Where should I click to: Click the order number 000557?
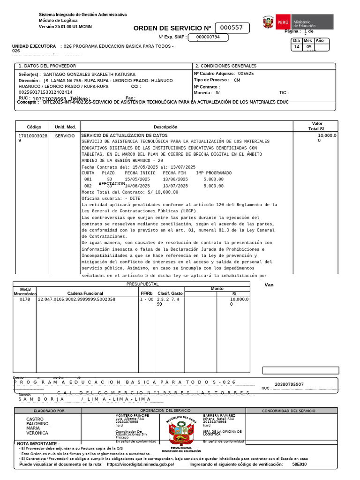232,28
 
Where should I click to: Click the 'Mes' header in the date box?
308,41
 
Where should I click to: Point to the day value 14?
297,47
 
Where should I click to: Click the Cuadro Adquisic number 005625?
246,74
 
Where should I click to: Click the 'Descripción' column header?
165,127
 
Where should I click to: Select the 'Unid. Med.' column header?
65,127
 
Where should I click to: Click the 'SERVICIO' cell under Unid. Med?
65,135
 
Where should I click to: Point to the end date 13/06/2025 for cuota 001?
175,180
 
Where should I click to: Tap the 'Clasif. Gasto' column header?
170,293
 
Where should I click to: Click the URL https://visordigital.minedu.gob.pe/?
140,464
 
